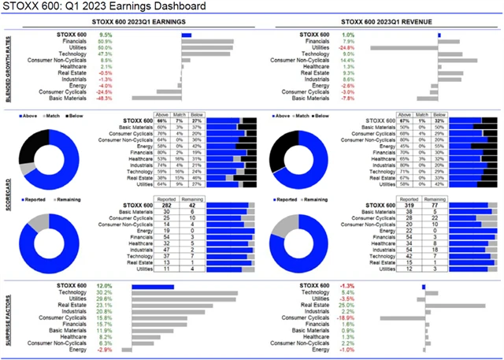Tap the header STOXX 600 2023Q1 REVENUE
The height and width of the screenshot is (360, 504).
pos(379,24)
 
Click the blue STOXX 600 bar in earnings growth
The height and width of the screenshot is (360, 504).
pos(186,35)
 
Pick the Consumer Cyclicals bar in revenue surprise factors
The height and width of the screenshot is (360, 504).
pos(402,318)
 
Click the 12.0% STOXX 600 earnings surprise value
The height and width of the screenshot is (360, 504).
pos(105,286)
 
